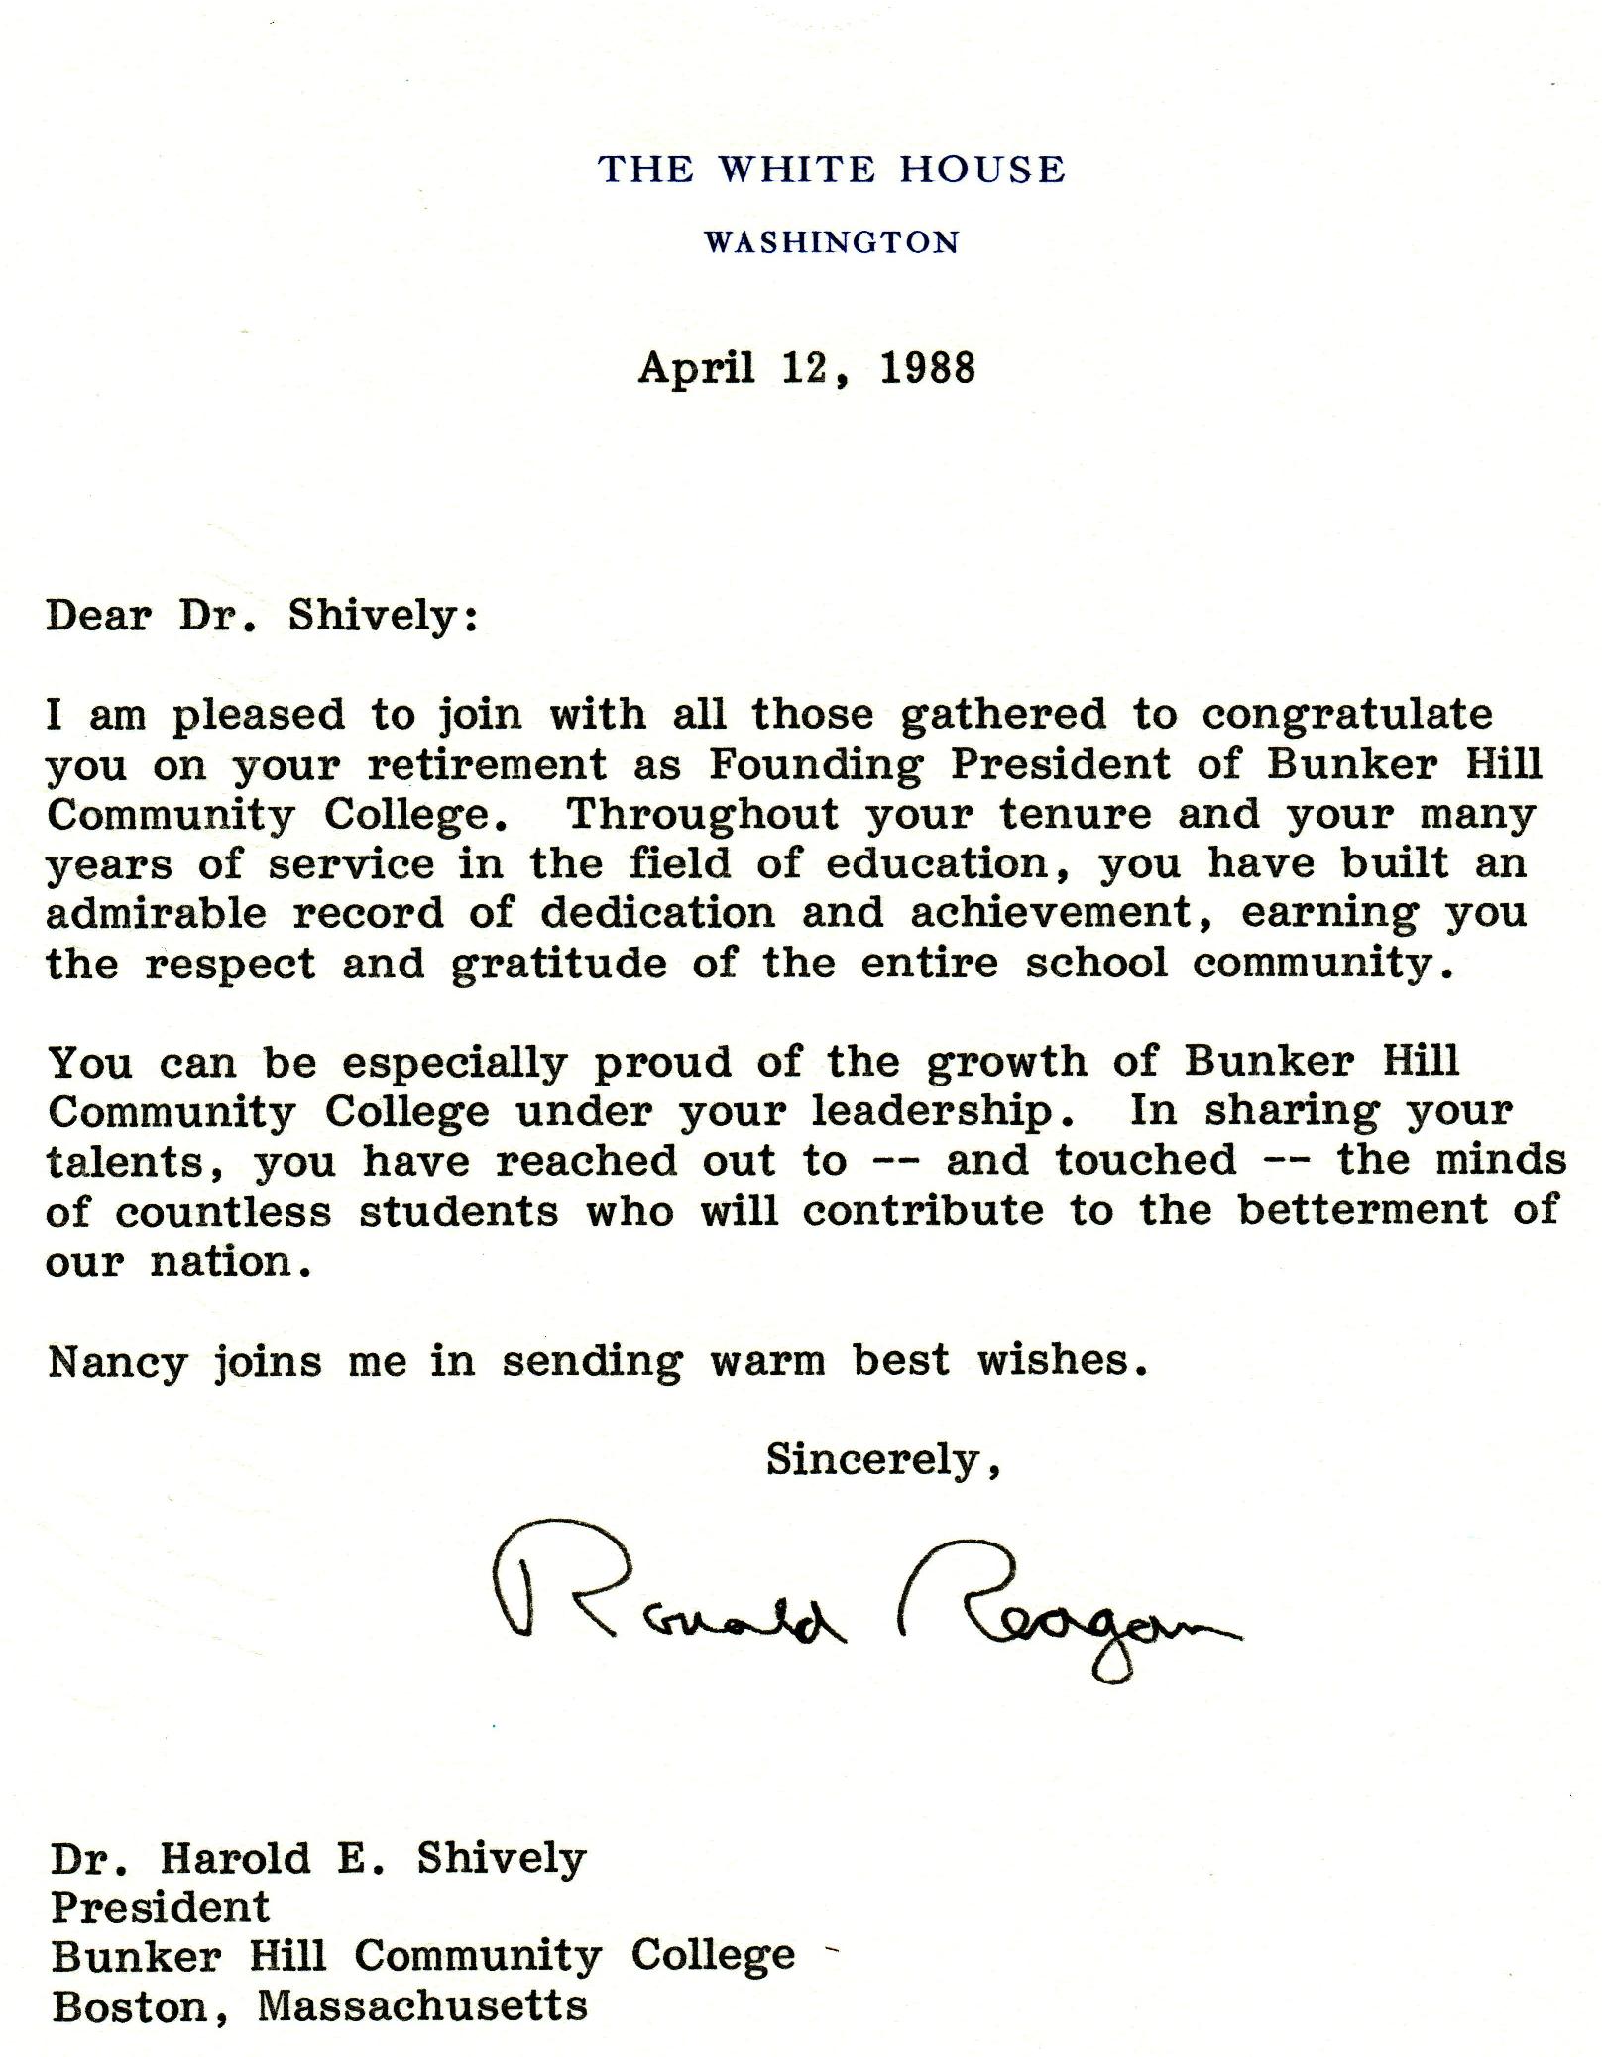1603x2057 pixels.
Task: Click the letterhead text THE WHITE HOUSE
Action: (x=832, y=170)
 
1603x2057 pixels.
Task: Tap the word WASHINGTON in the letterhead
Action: (x=832, y=242)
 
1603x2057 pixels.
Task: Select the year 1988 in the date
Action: (x=927, y=368)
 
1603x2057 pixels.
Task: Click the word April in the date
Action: (x=696, y=368)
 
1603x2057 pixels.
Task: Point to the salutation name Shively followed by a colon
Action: (x=383, y=617)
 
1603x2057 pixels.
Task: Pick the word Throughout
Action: (x=702, y=814)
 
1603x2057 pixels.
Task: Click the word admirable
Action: (x=156, y=913)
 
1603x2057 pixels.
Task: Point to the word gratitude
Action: (x=559, y=965)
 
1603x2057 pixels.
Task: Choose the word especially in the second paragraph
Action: (x=455, y=1064)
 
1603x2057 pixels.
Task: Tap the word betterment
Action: (x=1363, y=1210)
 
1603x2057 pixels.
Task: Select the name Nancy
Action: (x=117, y=1362)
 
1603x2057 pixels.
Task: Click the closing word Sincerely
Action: (x=881, y=1459)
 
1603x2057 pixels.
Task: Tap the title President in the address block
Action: (x=160, y=1906)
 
